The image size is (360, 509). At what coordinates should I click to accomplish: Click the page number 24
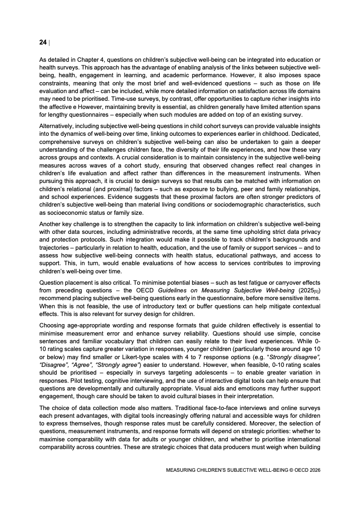click(x=43, y=42)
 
